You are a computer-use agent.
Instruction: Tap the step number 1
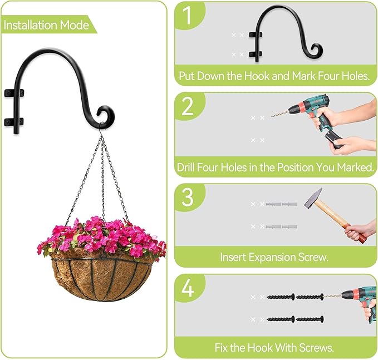(188, 17)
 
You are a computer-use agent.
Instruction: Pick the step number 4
(188, 289)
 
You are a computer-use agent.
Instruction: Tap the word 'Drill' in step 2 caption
(189, 167)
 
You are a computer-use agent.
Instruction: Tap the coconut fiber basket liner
(103, 278)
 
